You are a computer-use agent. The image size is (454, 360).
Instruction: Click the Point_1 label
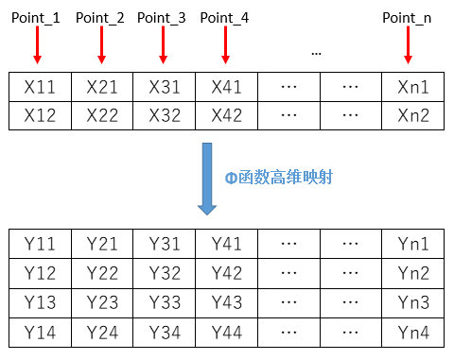tap(36, 18)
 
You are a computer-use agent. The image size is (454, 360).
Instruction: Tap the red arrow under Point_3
tap(162, 44)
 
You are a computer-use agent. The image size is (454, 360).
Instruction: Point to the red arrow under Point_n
tap(413, 44)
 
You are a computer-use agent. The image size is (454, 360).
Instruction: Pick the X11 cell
tap(39, 87)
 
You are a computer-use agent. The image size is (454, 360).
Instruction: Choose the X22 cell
tap(102, 116)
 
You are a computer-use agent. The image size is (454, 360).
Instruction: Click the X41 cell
tap(227, 87)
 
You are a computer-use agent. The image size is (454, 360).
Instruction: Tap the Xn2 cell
tap(413, 116)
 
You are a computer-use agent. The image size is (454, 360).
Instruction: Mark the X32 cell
tap(165, 116)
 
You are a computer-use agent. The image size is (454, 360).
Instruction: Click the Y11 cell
tap(39, 244)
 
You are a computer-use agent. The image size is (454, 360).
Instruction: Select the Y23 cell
tap(102, 302)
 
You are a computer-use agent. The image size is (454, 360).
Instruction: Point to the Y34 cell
tap(165, 332)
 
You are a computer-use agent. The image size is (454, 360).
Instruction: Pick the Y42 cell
tap(227, 273)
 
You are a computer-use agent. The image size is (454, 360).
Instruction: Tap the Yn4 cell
tap(413, 332)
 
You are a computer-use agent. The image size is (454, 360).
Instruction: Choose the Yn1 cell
tap(413, 244)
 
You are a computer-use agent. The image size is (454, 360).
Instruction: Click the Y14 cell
tap(39, 332)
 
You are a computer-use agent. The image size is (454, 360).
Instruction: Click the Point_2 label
tap(99, 18)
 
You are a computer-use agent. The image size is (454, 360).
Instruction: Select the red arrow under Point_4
tap(225, 44)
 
